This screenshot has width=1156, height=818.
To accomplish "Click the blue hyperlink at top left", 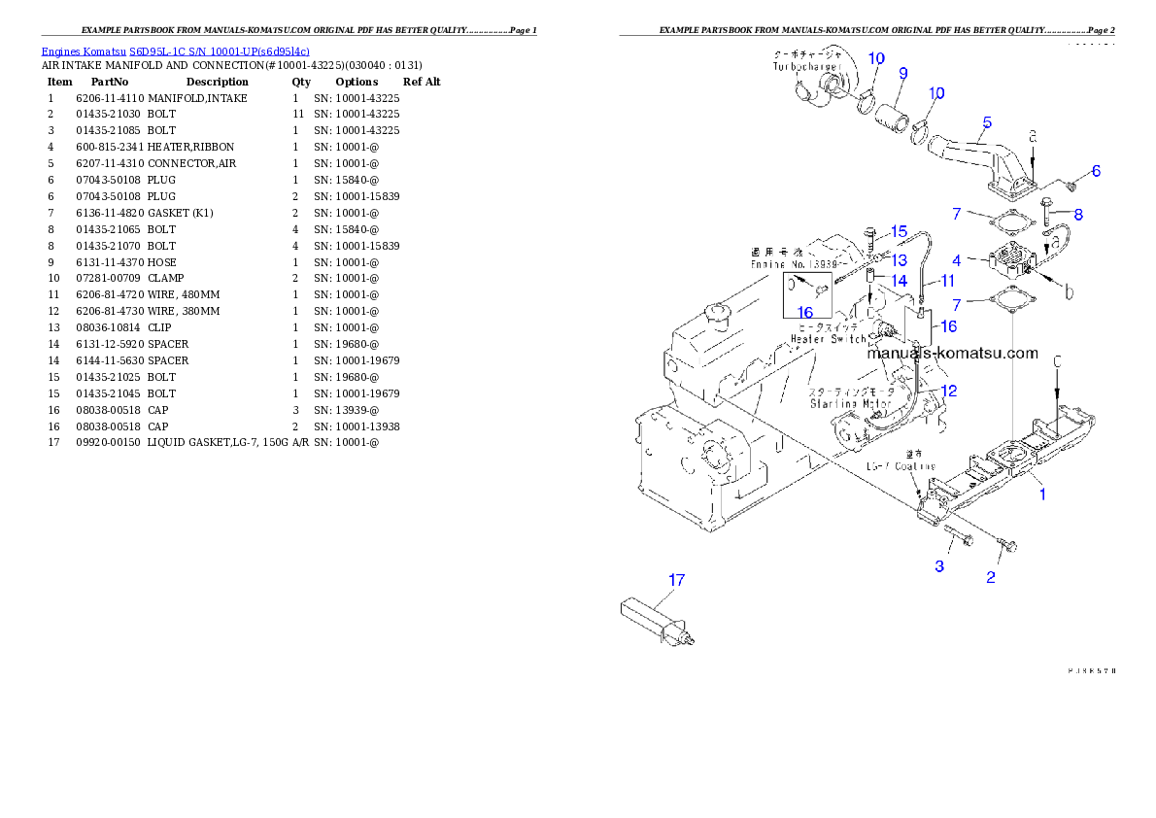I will [x=175, y=51].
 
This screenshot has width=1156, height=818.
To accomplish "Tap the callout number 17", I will [x=676, y=580].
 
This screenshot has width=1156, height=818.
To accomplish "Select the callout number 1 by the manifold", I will [x=1043, y=494].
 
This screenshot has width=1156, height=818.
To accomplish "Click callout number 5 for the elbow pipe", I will [x=987, y=122].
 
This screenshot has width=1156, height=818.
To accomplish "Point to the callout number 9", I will [x=902, y=73].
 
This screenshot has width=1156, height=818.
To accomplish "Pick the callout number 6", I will [x=1096, y=171].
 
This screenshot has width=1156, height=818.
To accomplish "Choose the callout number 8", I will [x=1077, y=214].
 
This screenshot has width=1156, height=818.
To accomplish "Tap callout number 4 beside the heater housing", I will [x=957, y=260].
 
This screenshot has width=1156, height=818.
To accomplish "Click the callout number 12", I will [x=949, y=391].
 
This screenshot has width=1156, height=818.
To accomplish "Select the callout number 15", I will [x=899, y=231].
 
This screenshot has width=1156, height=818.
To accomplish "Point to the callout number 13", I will [x=900, y=259].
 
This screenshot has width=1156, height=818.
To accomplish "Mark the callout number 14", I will [x=900, y=281].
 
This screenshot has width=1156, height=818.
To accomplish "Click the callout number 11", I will [x=947, y=280].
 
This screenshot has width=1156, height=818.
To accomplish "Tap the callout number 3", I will [x=939, y=566].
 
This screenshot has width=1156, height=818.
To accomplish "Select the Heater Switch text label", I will [x=828, y=339].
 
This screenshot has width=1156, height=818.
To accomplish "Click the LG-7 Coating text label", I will [x=901, y=466].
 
